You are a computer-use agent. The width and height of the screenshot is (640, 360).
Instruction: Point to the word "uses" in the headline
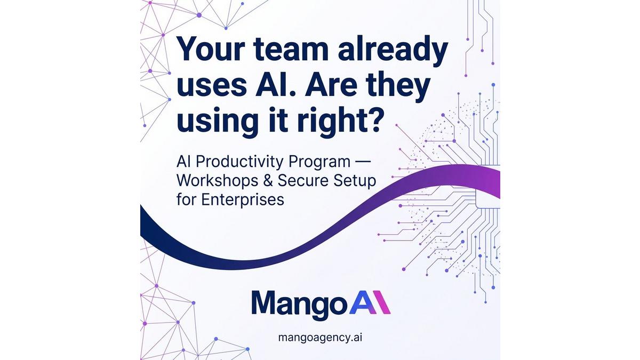click(x=211, y=86)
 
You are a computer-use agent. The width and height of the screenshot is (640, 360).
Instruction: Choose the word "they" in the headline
click(x=397, y=85)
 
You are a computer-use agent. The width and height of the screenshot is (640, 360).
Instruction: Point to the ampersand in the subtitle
click(x=268, y=181)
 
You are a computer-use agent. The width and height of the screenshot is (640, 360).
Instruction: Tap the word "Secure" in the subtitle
click(x=303, y=181)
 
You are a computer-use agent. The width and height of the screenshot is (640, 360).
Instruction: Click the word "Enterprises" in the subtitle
click(x=243, y=199)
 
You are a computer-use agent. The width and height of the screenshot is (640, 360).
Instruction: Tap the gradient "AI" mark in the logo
click(x=370, y=302)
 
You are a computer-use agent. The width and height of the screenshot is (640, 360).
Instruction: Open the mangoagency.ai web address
click(x=320, y=338)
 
